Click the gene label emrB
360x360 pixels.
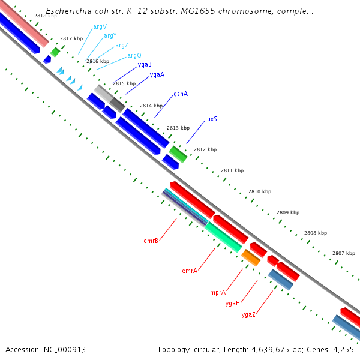point(151,241)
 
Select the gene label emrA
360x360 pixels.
point(190,271)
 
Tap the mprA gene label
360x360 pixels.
point(218,292)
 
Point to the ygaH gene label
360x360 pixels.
point(233,303)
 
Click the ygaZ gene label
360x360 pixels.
point(248,314)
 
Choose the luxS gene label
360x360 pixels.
point(211,119)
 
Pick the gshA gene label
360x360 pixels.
point(181,94)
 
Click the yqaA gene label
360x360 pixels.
point(157,74)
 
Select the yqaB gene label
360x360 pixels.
point(145,64)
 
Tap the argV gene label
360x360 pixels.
point(100,27)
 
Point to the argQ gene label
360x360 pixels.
point(134,55)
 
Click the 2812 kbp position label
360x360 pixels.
point(205,149)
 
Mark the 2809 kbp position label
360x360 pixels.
point(288,212)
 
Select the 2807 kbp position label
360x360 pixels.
point(344,253)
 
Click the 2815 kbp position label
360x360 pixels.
point(124,83)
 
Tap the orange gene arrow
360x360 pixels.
point(251,257)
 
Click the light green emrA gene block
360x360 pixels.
point(223,236)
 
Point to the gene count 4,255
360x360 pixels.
point(343,349)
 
